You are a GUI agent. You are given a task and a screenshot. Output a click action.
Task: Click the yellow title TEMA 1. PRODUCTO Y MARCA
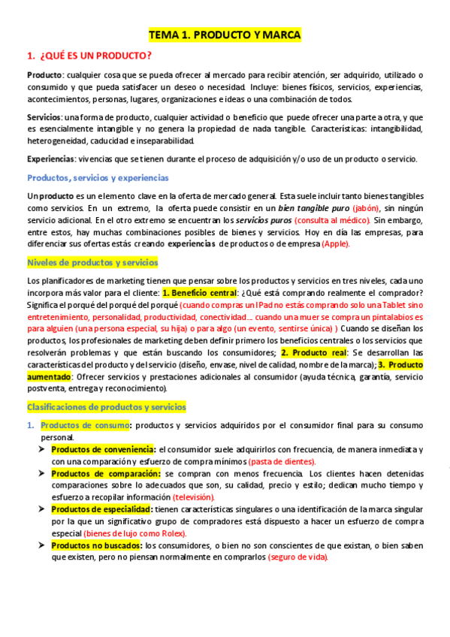pos(225,35)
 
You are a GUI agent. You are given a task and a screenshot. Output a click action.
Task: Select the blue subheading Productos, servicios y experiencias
pos(98,178)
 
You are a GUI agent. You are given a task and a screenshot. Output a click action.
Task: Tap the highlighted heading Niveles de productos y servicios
pos(92,262)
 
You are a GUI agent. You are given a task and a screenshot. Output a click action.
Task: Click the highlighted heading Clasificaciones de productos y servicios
pos(106,406)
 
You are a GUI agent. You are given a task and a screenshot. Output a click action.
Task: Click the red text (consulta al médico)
pos(332,220)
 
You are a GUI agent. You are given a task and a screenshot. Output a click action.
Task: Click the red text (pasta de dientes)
pos(282,461)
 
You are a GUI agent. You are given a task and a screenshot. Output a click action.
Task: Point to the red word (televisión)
pos(193,497)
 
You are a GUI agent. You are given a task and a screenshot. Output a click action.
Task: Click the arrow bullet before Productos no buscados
pos(42,545)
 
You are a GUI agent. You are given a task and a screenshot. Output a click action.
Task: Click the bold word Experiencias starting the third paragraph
pos(50,159)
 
